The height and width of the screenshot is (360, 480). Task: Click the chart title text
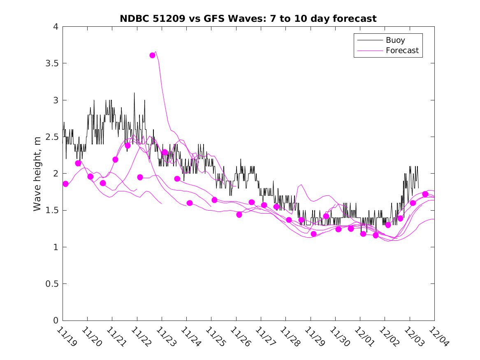(248, 19)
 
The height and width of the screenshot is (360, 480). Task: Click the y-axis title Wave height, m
(37, 174)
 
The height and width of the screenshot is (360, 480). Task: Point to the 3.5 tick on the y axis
(52, 63)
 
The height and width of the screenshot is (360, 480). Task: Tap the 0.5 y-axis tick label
(52, 284)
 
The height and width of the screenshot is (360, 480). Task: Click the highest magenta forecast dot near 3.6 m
(153, 55)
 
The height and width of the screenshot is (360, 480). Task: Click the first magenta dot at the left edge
(65, 184)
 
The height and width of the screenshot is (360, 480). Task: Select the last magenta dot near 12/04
(425, 194)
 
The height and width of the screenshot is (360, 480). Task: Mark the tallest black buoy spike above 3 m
(134, 93)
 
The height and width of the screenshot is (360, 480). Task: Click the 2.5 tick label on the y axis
(52, 137)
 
